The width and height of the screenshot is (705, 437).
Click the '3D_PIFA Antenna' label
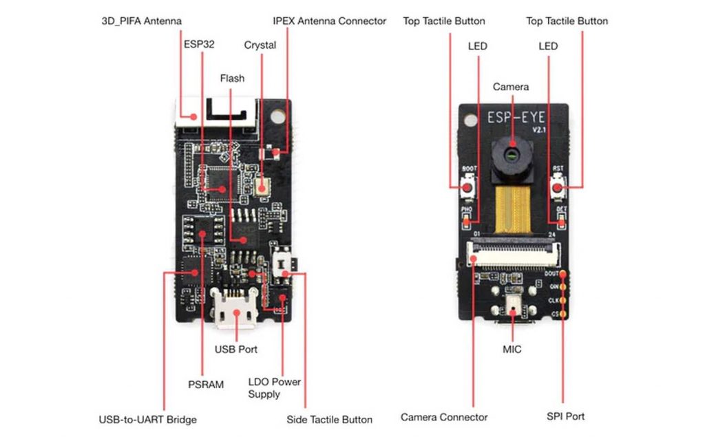tap(141, 21)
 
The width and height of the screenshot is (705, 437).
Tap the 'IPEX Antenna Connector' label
tap(330, 21)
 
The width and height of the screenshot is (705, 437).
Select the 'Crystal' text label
tap(260, 45)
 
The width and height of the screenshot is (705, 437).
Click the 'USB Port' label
tap(236, 350)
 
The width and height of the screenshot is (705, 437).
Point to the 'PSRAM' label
tap(206, 385)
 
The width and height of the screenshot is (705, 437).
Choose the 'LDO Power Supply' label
tap(274, 388)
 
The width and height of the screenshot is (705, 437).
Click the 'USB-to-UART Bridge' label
tap(147, 419)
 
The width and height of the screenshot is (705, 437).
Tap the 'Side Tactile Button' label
tap(329, 419)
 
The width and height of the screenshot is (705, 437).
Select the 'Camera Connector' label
tap(444, 417)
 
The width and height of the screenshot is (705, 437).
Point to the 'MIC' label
tap(512, 350)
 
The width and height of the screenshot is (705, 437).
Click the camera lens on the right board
tap(512, 152)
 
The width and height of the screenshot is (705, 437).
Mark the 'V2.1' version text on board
tap(538, 130)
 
